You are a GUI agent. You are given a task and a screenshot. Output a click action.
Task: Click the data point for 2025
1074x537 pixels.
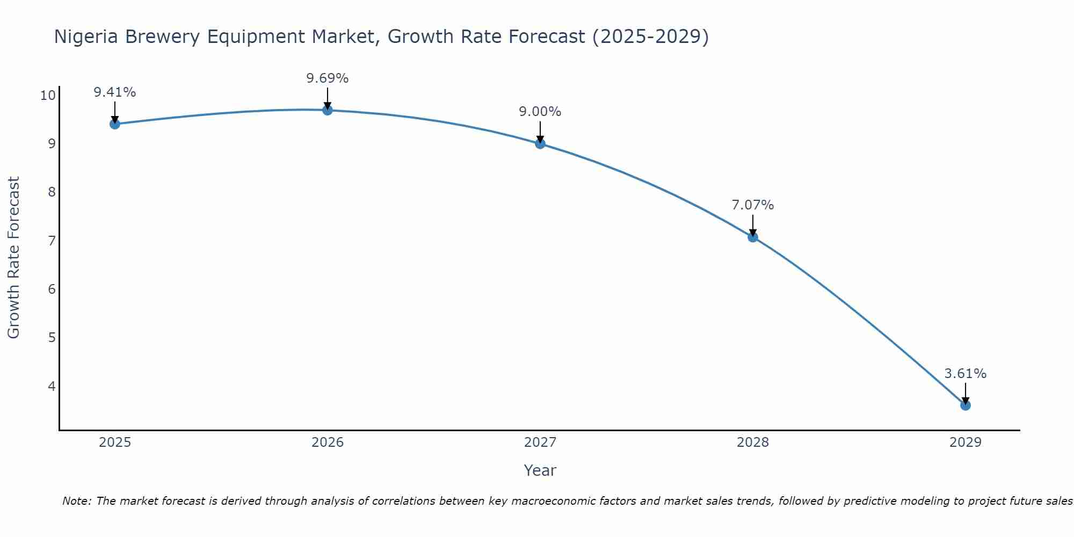[x=114, y=124]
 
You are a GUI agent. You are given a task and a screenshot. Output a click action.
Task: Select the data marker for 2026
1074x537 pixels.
[x=328, y=110]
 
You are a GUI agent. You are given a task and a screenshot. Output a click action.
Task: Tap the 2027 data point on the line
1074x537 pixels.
[x=540, y=143]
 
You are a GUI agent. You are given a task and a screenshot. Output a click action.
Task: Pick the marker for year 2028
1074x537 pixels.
[x=753, y=237]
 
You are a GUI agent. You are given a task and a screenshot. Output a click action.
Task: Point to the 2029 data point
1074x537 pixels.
[x=966, y=405]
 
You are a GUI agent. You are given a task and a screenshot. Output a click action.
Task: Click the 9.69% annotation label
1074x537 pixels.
[x=328, y=78]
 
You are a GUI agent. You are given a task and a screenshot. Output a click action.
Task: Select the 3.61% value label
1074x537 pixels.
[x=966, y=374]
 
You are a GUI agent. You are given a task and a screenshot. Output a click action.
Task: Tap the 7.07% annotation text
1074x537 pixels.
[x=753, y=205]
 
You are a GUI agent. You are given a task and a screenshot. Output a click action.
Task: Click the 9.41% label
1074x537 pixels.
[x=114, y=92]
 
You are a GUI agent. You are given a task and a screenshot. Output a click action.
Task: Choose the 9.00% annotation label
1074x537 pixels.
[x=540, y=112]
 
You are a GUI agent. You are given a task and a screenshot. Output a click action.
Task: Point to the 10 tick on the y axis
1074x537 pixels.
[x=48, y=96]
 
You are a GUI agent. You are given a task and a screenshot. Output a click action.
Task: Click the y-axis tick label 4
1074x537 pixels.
[x=52, y=386]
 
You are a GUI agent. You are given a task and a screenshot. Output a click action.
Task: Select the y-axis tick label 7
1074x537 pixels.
[x=52, y=241]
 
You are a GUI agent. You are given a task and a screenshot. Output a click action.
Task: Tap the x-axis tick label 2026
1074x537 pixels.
[x=328, y=442]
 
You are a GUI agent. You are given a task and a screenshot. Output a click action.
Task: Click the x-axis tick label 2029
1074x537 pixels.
[x=966, y=442]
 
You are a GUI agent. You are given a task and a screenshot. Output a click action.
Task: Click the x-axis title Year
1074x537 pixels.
[x=540, y=470]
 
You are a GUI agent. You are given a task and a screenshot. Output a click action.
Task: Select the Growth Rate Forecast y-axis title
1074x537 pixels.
[x=13, y=258]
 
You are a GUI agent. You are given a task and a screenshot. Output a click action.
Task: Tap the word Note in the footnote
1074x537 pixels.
[x=77, y=501]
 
